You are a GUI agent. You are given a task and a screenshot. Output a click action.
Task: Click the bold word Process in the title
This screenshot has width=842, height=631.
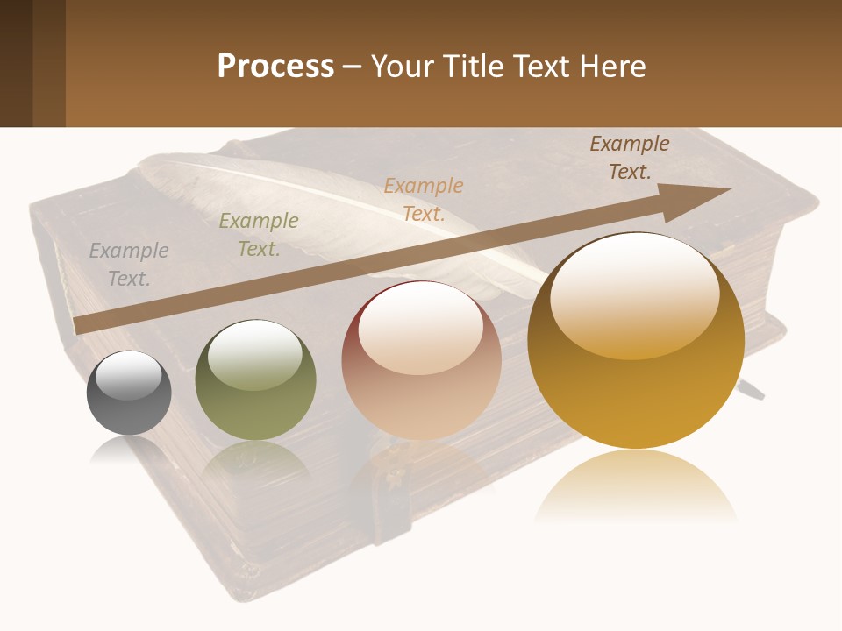(275, 67)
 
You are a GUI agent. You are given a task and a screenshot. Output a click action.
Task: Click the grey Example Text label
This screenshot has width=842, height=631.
(129, 265)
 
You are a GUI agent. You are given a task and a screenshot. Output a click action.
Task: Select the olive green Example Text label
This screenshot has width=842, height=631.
(259, 235)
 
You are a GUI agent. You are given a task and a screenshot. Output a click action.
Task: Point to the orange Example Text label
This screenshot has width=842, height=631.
(424, 199)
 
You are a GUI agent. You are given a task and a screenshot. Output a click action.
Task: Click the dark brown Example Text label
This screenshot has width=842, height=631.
(630, 158)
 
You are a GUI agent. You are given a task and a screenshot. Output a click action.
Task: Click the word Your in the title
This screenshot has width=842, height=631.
(399, 67)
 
